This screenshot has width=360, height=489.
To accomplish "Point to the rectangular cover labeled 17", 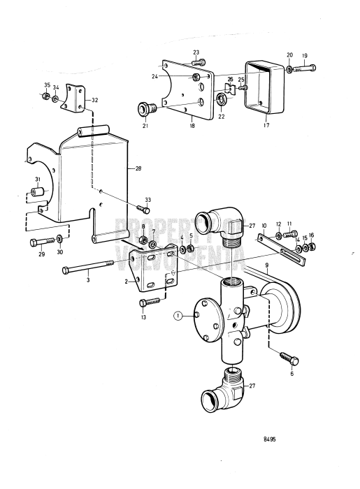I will pos(264,86).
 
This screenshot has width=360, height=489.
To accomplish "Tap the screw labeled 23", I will pos(197,63).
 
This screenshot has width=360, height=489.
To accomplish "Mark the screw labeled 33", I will pos(146,210).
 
